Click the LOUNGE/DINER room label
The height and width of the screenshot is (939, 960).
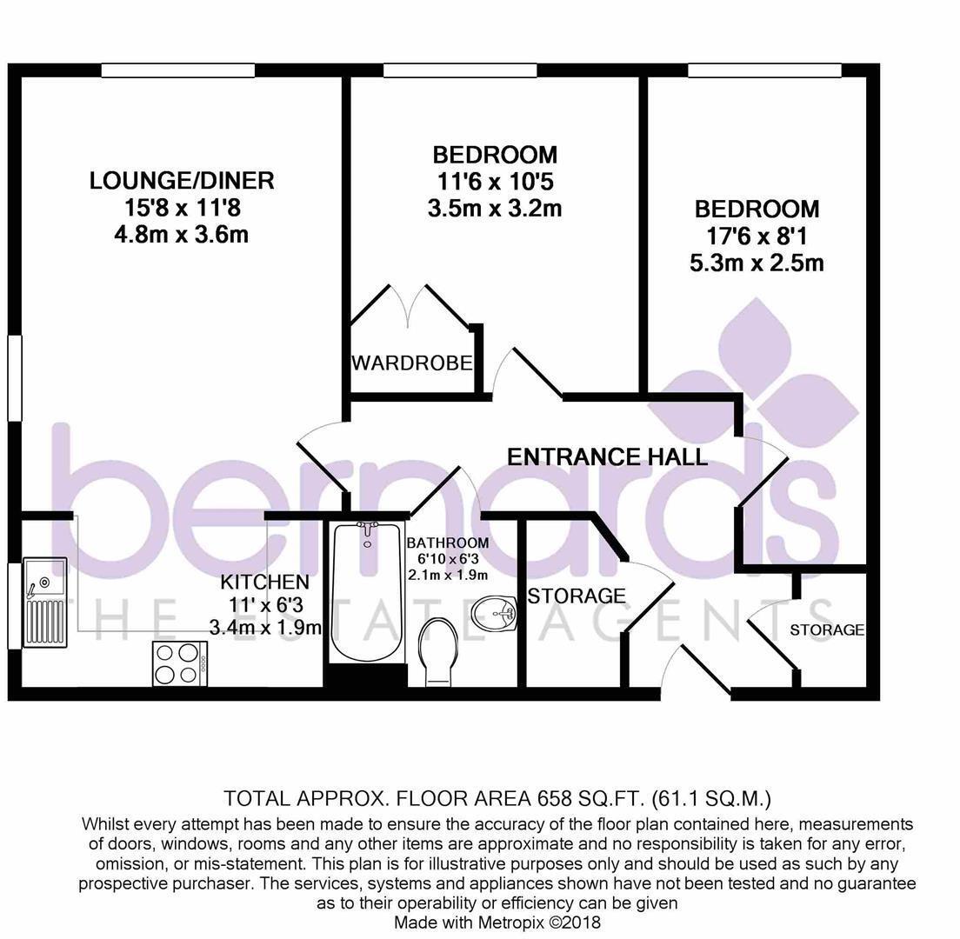pos(182,181)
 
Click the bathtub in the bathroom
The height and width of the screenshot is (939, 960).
pos(366,591)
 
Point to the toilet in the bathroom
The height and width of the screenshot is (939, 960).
pos(437,652)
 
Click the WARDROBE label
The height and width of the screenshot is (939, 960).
pos(411,363)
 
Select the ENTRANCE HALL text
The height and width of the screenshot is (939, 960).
pos(607,456)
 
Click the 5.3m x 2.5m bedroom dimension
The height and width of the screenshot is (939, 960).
pos(756,263)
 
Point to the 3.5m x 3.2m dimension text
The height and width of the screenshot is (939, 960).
pos(494,209)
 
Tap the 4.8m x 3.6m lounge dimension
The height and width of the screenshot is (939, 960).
pos(181,235)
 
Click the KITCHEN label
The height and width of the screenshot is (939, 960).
pos(264,582)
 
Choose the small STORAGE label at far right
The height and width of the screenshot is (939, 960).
pos(826,629)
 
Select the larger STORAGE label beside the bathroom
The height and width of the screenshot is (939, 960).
pos(577,596)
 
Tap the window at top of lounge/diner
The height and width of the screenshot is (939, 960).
pos(177,70)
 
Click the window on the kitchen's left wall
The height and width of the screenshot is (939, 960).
pos(13,606)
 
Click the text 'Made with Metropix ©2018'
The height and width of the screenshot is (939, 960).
pos(497,922)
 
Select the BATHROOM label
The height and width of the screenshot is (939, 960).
pos(447,543)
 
